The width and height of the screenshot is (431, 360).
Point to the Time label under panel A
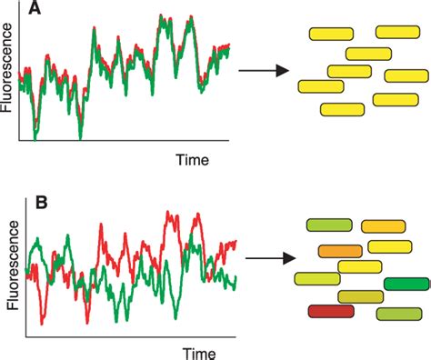tap(192, 160)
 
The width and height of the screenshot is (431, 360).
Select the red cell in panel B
tap(330, 311)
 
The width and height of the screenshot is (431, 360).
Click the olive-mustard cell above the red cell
tap(360, 297)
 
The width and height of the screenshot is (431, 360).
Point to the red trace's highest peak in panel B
tap(170, 215)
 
